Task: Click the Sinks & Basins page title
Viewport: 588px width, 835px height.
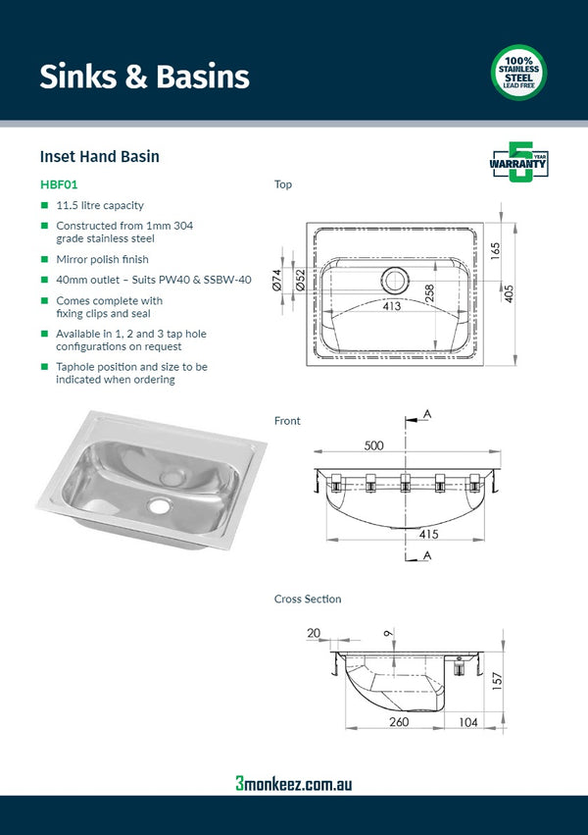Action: tap(144, 77)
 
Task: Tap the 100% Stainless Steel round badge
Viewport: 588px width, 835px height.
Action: tap(518, 74)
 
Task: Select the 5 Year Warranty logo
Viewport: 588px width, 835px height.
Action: tap(518, 163)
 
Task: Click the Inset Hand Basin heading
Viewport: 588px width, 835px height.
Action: tap(99, 156)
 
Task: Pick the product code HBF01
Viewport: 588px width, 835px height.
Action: tap(59, 183)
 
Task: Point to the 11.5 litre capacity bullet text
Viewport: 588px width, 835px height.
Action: tap(100, 205)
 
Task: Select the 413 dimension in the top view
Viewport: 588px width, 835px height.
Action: tap(392, 307)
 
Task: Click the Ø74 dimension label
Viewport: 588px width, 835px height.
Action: tap(277, 280)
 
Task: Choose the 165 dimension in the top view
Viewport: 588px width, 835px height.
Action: tap(496, 249)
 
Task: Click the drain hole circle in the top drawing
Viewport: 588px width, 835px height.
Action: tap(395, 280)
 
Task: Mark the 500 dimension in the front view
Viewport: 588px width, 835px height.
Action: tap(373, 445)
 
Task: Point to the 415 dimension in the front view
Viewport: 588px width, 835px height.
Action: tap(428, 534)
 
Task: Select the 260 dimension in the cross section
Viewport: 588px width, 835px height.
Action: tap(397, 721)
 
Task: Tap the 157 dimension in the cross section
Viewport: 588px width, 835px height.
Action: tap(497, 679)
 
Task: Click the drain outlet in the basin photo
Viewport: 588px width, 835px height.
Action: tap(159, 506)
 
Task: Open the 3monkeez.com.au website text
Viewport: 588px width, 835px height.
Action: tap(293, 783)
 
